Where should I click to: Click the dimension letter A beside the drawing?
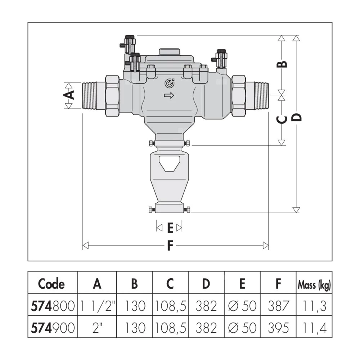pos(71,95)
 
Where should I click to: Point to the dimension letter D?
pos(296,117)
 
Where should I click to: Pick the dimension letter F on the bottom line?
pos(171,246)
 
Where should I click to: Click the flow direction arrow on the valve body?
pos(168,95)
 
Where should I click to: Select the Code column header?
pos(52,284)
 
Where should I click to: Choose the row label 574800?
pos(52,306)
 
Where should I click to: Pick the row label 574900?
pos(52,328)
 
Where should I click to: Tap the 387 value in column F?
pos(278,306)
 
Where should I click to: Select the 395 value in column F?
pos(278,328)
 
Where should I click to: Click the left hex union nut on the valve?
pos(113,95)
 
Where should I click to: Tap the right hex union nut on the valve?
pos(239,95)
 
